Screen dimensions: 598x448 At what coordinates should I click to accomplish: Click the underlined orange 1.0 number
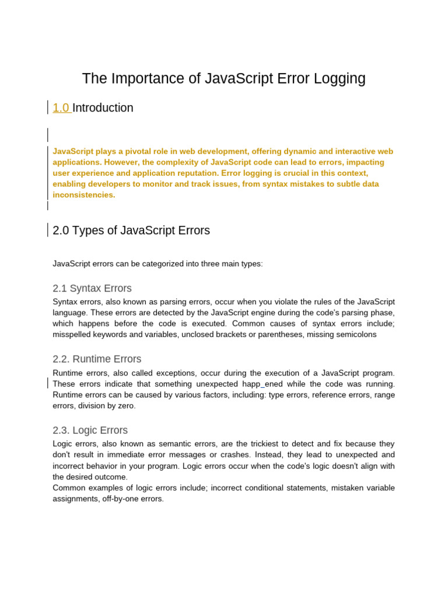[61, 108]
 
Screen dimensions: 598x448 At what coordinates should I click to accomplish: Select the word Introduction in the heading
[103, 108]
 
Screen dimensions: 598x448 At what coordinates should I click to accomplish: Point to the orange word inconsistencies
[83, 195]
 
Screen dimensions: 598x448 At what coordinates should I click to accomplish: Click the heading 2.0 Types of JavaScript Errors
[131, 231]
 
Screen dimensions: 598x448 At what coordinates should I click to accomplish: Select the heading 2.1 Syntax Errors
[92, 288]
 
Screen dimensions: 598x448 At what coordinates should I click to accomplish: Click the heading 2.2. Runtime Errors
[97, 359]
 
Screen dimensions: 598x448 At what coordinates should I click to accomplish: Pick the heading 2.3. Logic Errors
[90, 430]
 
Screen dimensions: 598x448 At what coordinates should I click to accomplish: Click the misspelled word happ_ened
[263, 384]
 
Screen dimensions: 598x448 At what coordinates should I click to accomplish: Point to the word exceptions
[178, 373]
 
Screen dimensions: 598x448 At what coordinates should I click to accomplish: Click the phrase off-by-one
[123, 499]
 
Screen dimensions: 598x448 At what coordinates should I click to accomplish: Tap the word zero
[125, 406]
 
